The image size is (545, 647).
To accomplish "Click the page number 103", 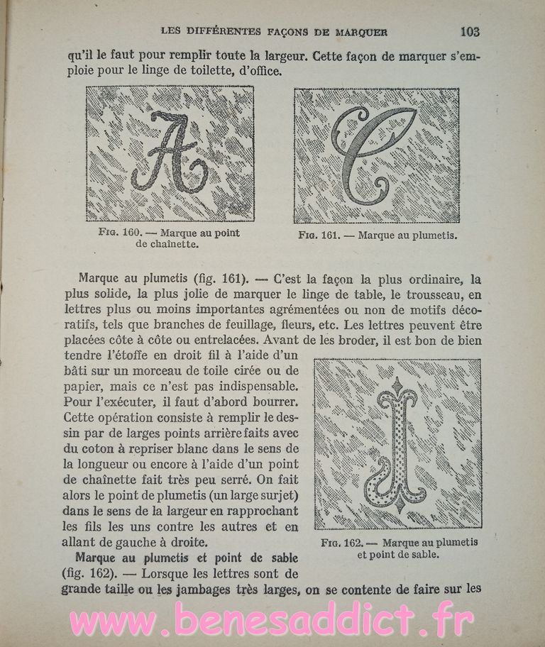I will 470,31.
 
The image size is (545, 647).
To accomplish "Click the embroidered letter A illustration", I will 170,154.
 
